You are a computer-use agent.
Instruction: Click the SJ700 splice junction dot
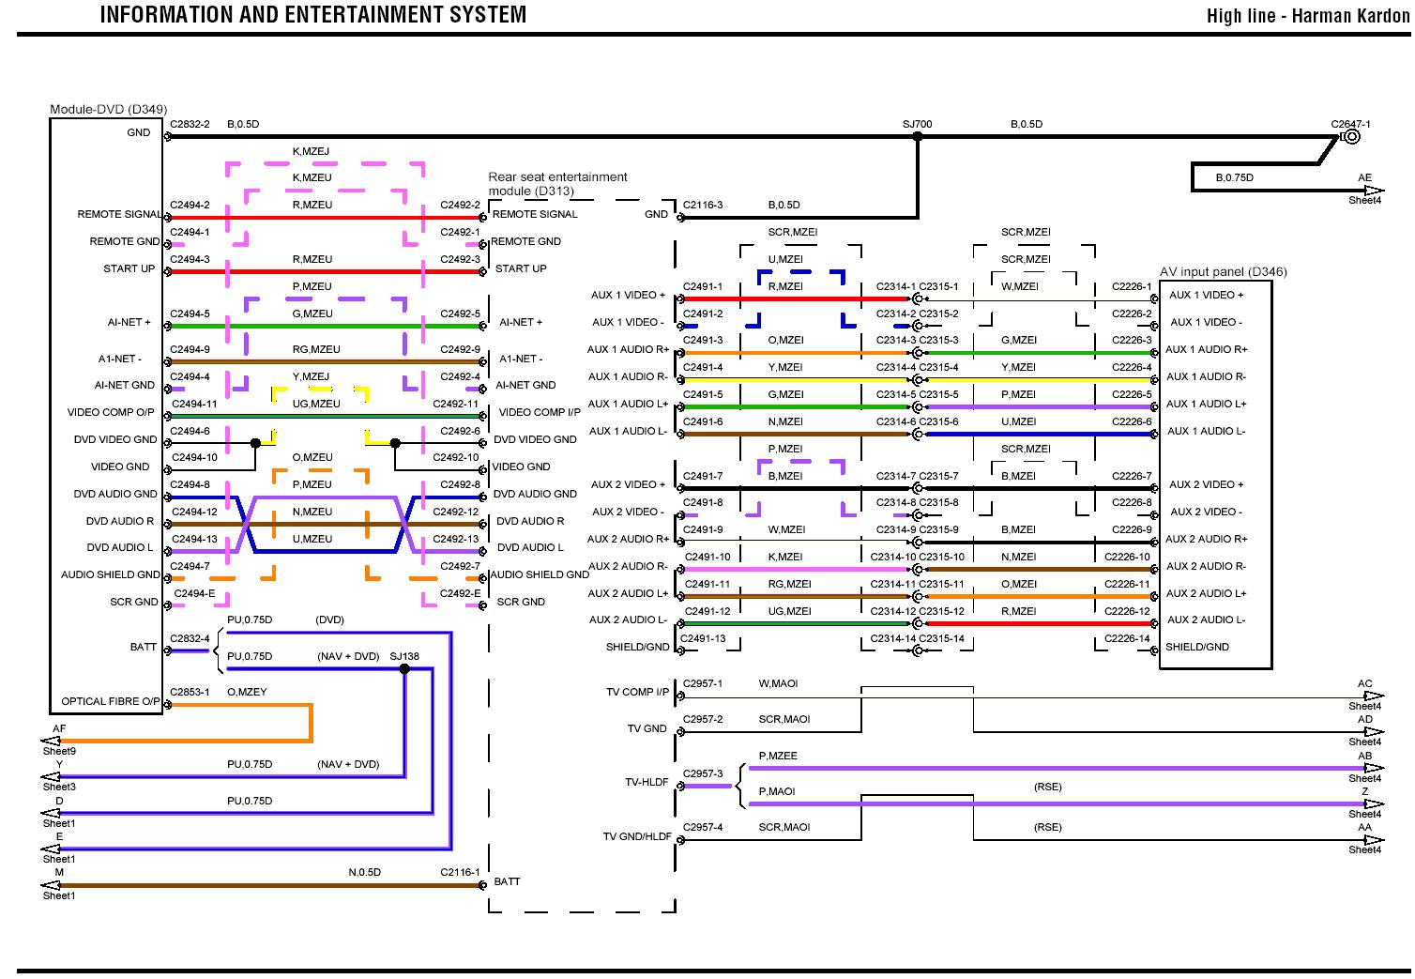pos(918,136)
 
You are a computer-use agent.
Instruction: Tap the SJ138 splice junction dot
pos(404,669)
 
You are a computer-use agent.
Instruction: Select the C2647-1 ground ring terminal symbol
pos(1351,137)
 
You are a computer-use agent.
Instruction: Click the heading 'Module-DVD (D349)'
pos(108,110)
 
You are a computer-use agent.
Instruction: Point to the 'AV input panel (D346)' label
pos(1223,272)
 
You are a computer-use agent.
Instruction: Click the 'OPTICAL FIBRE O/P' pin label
pos(111,701)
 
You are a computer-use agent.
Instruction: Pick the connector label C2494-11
pos(193,405)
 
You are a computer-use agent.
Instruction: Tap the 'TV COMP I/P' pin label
pos(637,692)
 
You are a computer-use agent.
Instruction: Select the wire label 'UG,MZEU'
pos(316,404)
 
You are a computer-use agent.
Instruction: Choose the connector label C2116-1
pos(460,872)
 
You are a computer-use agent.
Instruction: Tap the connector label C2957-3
pos(703,773)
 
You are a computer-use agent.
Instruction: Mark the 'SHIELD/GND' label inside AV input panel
pos(1196,647)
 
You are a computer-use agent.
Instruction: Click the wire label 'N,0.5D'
pos(364,872)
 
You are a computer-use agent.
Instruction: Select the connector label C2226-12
pos(1131,611)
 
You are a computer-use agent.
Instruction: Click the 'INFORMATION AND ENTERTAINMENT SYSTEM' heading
pos(312,15)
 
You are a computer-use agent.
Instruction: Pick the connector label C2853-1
pos(190,692)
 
